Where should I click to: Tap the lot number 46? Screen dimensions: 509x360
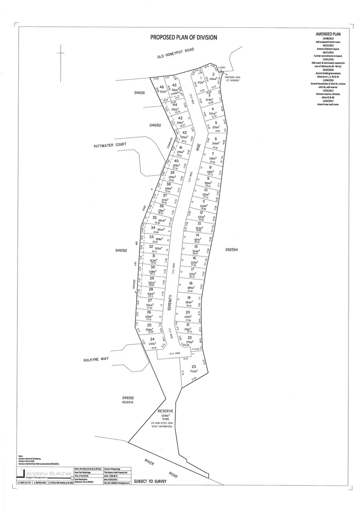[161, 87]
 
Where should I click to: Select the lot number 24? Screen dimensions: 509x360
[152, 339]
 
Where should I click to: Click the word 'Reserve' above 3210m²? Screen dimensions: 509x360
[167, 411]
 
